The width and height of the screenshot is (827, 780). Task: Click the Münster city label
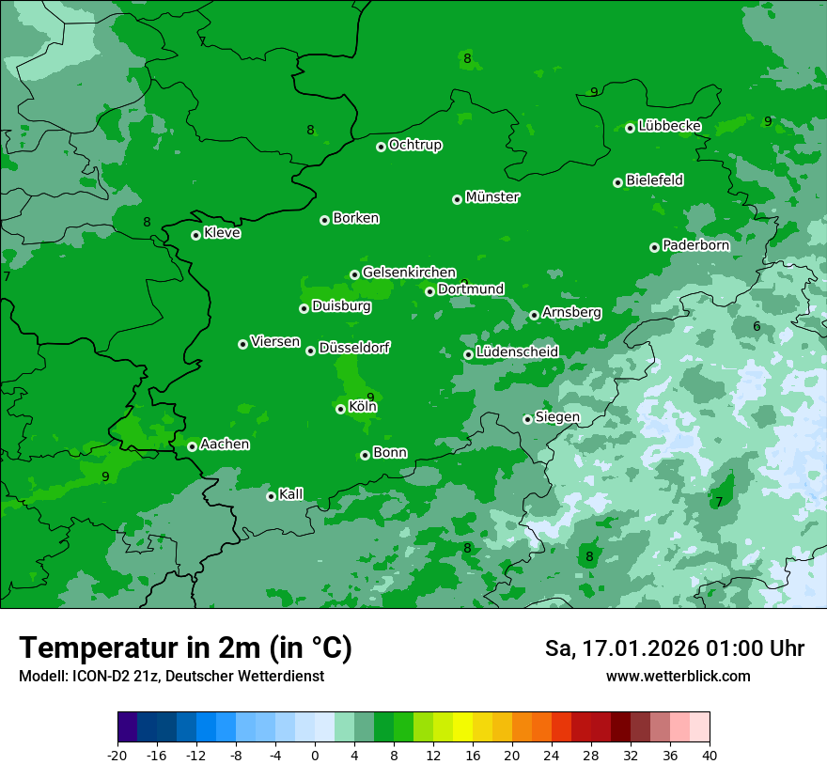tap(492, 197)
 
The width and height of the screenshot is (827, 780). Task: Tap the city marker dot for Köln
tap(340, 409)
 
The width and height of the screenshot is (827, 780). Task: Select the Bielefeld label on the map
tap(655, 180)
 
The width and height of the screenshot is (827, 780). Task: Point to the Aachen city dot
tap(192, 446)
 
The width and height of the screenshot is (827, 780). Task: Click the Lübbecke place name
tap(669, 126)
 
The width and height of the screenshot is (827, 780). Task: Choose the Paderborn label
tap(695, 245)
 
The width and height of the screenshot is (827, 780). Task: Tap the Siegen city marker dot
tap(527, 419)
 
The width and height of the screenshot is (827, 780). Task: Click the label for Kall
tap(291, 494)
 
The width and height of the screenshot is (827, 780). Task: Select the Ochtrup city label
tap(415, 145)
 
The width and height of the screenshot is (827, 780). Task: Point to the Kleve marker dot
tap(195, 235)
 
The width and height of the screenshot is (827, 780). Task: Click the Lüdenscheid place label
tap(517, 352)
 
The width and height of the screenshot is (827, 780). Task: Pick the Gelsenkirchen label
tap(409, 273)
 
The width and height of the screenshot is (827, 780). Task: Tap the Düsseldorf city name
tap(354, 348)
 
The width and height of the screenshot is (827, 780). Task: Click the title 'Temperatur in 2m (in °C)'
tap(185, 647)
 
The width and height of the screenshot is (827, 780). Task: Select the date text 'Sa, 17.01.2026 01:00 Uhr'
tap(674, 648)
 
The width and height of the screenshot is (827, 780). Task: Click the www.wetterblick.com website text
tap(678, 676)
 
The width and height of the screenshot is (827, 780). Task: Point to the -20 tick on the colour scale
tap(117, 755)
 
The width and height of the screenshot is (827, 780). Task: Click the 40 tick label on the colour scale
tap(710, 755)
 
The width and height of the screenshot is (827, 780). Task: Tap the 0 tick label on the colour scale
tap(315, 755)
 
